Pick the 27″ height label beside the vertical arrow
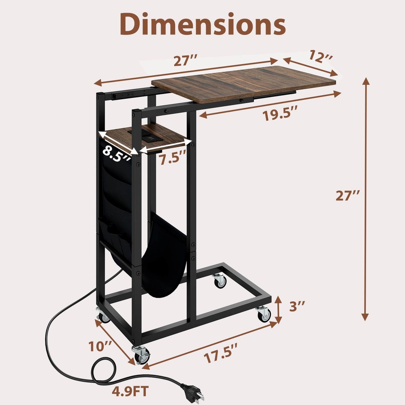348,196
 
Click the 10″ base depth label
100,347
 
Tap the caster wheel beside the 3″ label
264,314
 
